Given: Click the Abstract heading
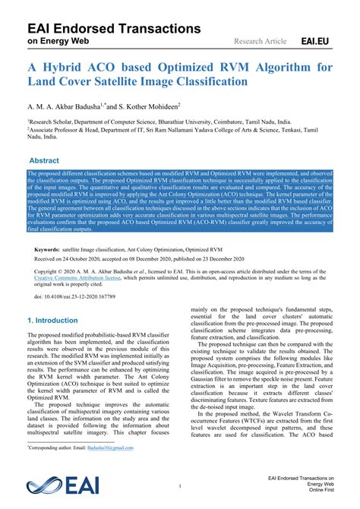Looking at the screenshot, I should point(43,161).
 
